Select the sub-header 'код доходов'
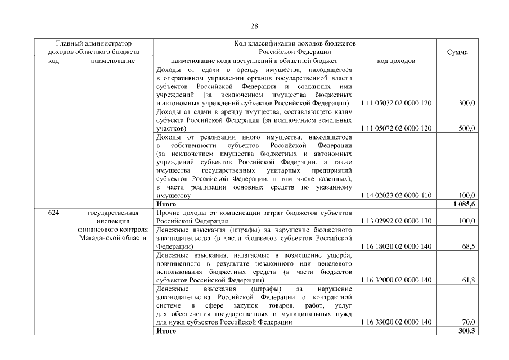point(395,60)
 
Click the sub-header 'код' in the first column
point(53,60)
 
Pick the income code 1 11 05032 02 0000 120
point(395,103)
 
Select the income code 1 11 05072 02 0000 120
point(395,128)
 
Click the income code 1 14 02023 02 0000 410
point(395,195)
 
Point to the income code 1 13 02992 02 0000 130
point(395,221)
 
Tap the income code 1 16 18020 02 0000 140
point(395,246)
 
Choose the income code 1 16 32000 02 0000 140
point(395,280)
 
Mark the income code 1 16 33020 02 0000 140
point(395,322)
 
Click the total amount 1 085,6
point(463,204)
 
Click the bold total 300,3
point(466,331)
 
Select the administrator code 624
point(53,213)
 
